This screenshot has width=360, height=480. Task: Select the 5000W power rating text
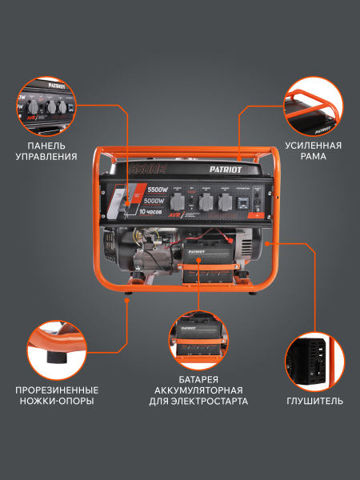pos(157,202)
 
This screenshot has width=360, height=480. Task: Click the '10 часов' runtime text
pos(152,213)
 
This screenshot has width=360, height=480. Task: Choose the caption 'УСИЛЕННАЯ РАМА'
pos(313,150)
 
